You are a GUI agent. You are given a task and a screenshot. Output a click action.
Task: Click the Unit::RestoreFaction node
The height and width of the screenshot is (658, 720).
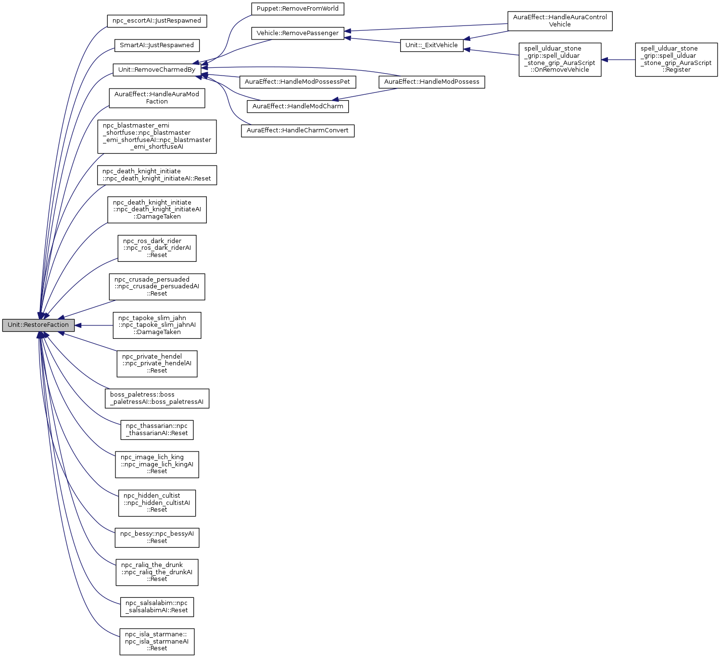[38, 325]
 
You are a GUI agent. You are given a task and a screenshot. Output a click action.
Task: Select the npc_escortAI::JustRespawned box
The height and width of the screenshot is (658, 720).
[157, 21]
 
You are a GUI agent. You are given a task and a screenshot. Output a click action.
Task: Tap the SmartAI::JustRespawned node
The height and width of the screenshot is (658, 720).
[157, 45]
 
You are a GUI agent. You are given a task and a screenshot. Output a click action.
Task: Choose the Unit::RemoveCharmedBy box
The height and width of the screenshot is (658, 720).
[157, 70]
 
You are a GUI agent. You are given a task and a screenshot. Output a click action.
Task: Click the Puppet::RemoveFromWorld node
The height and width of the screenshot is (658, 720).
[298, 9]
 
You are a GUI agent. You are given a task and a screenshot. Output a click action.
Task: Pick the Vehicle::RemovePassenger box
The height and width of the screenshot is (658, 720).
[298, 33]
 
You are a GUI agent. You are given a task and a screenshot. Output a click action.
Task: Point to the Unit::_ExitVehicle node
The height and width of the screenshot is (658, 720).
[431, 45]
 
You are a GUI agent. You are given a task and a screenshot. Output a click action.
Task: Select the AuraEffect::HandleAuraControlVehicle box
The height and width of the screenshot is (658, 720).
[560, 21]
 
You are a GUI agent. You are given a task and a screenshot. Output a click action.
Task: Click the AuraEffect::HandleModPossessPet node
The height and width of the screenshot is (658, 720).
[297, 82]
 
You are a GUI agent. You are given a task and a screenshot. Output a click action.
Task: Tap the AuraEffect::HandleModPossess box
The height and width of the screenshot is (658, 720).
[431, 82]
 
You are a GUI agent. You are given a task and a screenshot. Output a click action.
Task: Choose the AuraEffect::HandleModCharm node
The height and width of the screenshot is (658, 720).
[298, 106]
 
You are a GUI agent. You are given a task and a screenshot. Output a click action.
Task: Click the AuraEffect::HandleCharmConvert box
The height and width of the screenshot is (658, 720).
[298, 130]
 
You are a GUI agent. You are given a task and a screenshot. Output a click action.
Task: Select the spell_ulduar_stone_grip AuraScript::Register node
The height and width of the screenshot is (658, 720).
[676, 59]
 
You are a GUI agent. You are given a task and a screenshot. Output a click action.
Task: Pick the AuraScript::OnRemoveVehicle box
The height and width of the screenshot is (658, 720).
[560, 59]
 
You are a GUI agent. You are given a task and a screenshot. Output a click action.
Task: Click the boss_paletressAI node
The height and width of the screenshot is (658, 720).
[157, 398]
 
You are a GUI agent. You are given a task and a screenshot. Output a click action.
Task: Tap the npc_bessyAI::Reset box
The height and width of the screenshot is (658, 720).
[157, 537]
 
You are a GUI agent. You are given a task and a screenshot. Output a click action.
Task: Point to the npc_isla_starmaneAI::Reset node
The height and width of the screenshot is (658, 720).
[157, 641]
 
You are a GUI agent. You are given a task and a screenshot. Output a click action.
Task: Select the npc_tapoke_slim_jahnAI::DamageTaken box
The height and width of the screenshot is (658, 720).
[157, 325]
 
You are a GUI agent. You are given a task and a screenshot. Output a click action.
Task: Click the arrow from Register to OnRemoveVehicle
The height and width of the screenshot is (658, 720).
[618, 60]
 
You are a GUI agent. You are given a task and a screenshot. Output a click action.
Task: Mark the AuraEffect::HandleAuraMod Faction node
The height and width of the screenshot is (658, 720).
[157, 98]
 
